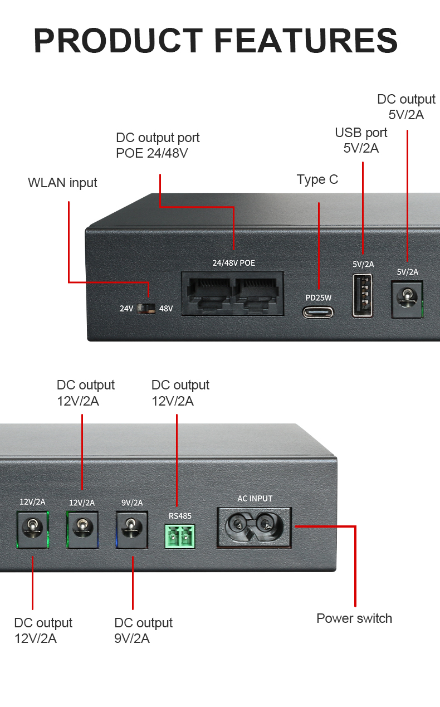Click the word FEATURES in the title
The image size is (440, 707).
[306, 40]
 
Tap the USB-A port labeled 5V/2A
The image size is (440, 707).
[362, 296]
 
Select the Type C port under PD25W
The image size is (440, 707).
[318, 311]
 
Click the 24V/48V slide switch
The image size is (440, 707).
[145, 308]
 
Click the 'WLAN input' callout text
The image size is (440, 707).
[62, 183]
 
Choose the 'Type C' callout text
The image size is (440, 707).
[317, 179]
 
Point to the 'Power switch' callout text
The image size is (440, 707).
[354, 618]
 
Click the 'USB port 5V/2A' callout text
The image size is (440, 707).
[361, 140]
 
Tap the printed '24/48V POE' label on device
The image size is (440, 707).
[233, 262]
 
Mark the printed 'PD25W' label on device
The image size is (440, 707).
[318, 298]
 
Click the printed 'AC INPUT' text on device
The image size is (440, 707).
[255, 498]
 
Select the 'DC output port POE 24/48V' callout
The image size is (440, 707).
[158, 145]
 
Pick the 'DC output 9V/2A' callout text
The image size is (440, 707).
[143, 630]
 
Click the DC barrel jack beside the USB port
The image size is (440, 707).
[407, 299]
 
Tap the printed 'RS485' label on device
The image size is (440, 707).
[180, 516]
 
